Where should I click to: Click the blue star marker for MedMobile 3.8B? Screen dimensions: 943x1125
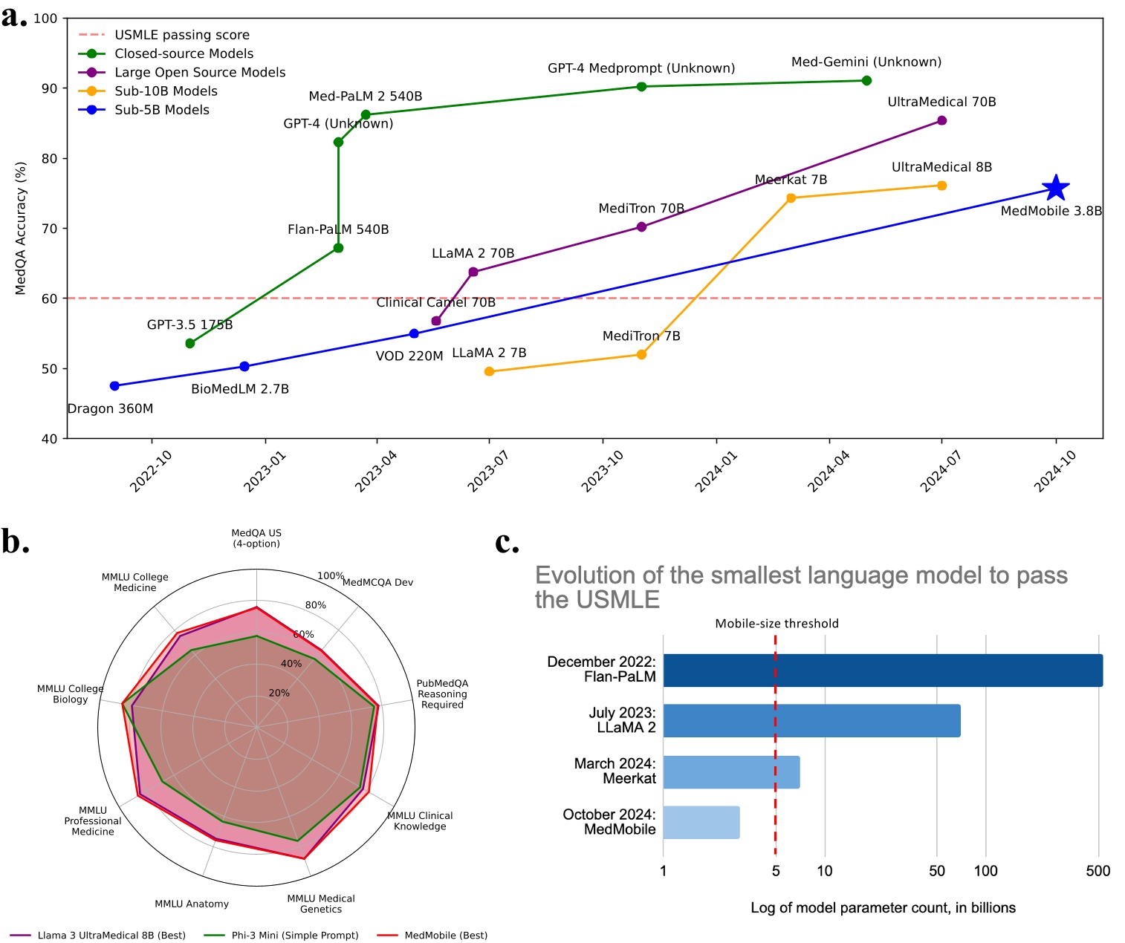[x=1055, y=189]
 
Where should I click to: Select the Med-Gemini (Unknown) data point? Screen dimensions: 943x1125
[x=866, y=80]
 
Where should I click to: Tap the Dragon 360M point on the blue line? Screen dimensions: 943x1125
[x=114, y=386]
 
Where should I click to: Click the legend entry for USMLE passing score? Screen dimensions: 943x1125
[x=181, y=35]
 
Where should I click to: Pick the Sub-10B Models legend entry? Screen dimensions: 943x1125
[x=166, y=91]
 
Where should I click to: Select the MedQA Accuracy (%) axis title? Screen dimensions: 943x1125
[x=21, y=228]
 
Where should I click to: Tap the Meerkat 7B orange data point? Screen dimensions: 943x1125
[x=791, y=198]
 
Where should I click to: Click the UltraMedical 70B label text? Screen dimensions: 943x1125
[x=941, y=102]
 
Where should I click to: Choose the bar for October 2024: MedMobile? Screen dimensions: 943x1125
[x=701, y=822]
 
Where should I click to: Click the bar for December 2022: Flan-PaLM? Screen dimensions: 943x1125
[x=882, y=670]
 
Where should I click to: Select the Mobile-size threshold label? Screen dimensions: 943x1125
[x=777, y=624]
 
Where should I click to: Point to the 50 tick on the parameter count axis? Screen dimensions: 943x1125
[x=936, y=871]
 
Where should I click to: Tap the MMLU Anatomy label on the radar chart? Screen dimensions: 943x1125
[x=192, y=904]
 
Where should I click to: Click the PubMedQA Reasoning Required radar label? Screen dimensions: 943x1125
[x=442, y=694]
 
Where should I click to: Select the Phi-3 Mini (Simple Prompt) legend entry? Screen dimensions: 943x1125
[x=295, y=935]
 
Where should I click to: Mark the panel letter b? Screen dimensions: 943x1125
[x=15, y=542]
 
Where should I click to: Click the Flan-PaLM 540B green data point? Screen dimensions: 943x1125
[x=338, y=248]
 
